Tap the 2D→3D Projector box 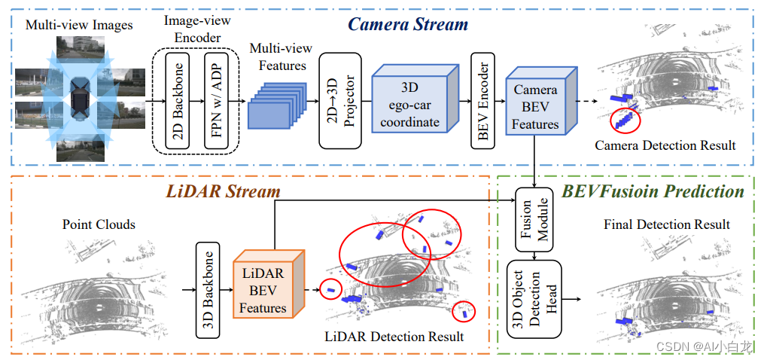point(341,100)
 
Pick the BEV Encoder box point(482,100)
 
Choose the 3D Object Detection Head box point(534,299)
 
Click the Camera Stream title point(408,24)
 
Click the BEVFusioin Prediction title point(653,191)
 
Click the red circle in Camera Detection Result point(624,119)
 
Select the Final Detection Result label point(666,224)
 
